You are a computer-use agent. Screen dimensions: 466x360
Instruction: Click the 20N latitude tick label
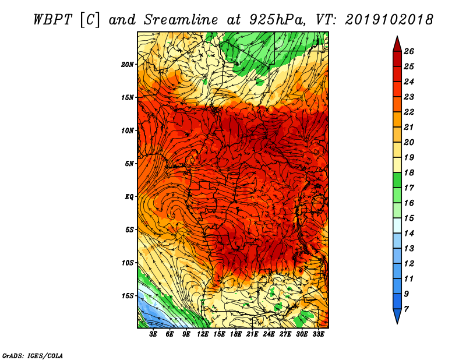[127, 65]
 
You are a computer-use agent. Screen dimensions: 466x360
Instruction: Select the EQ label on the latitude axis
[129, 197]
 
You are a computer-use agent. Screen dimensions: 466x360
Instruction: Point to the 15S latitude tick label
[127, 296]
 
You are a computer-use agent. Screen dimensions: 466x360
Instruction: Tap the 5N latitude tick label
[129, 164]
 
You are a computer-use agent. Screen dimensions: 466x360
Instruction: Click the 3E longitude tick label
[153, 334]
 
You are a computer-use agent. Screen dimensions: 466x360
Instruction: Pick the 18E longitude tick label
[236, 334]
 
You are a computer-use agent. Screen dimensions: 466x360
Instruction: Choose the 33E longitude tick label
[318, 334]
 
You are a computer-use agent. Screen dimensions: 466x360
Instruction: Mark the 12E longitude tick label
[203, 334]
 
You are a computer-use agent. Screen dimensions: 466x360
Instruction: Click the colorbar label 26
[409, 51]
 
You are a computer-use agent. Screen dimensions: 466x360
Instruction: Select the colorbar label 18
[409, 172]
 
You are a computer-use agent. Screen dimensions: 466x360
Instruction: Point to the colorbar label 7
[406, 309]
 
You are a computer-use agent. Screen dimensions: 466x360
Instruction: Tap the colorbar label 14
[409, 234]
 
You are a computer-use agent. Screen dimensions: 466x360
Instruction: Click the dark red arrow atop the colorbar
[397, 44]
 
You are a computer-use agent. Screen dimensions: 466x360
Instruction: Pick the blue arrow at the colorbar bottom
[397, 316]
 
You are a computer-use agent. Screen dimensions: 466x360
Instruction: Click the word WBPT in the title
[53, 20]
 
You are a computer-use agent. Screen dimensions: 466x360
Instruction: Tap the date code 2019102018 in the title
[389, 20]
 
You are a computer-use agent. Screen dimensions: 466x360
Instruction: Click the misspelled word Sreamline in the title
[181, 20]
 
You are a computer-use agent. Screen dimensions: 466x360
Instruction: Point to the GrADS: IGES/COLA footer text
[33, 355]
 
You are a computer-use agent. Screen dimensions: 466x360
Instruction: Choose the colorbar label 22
[409, 112]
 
